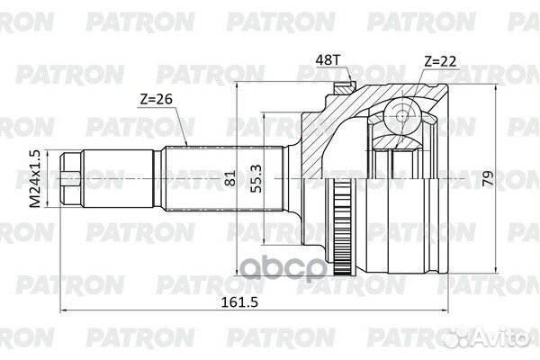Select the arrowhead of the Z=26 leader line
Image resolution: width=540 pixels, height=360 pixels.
pyautogui.click(x=186, y=144)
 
